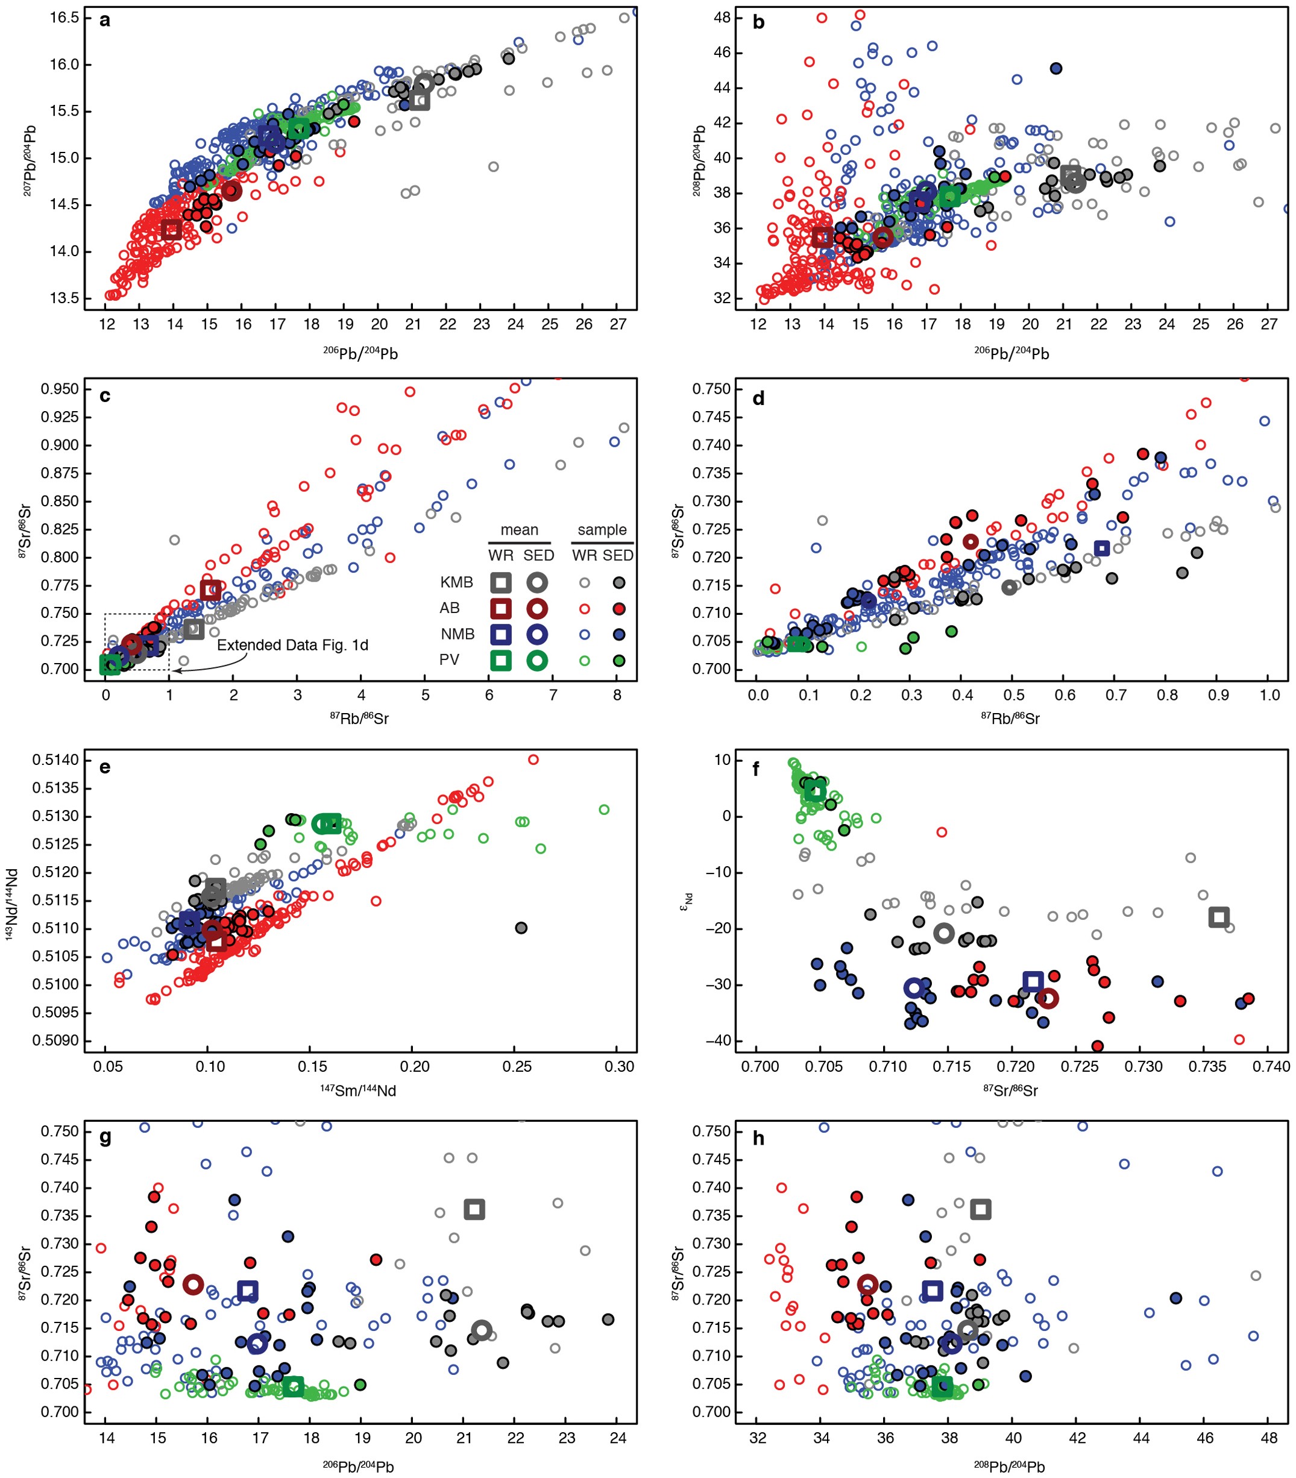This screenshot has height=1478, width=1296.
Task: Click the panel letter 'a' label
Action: [x=105, y=21]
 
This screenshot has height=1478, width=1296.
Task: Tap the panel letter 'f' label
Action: [x=757, y=769]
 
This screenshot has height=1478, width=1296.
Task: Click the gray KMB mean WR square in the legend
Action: [x=500, y=582]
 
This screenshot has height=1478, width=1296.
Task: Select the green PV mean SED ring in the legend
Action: [x=536, y=660]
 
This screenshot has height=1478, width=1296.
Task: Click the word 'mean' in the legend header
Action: [x=519, y=530]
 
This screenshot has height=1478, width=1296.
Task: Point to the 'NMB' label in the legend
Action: [x=457, y=634]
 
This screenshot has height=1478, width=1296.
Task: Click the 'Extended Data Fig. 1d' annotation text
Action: [x=292, y=645]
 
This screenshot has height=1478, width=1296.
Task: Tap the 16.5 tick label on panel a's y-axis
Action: [x=64, y=17]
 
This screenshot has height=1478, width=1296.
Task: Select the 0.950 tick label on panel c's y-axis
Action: [x=60, y=389]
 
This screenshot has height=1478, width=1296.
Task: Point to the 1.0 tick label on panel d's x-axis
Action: [x=1269, y=696]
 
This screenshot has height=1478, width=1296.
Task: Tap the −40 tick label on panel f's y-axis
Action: [x=721, y=1040]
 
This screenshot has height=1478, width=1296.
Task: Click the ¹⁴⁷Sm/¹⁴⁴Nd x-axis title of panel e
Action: [x=358, y=1090]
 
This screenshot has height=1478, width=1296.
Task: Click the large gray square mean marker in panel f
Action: [x=1219, y=917]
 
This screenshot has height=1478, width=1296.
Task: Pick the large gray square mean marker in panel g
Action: [x=474, y=1209]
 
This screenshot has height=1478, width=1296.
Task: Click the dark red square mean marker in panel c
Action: [x=210, y=590]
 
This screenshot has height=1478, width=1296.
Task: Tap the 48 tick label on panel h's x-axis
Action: [x=1269, y=1438]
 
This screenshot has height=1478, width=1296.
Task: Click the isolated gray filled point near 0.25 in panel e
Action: [x=521, y=928]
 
